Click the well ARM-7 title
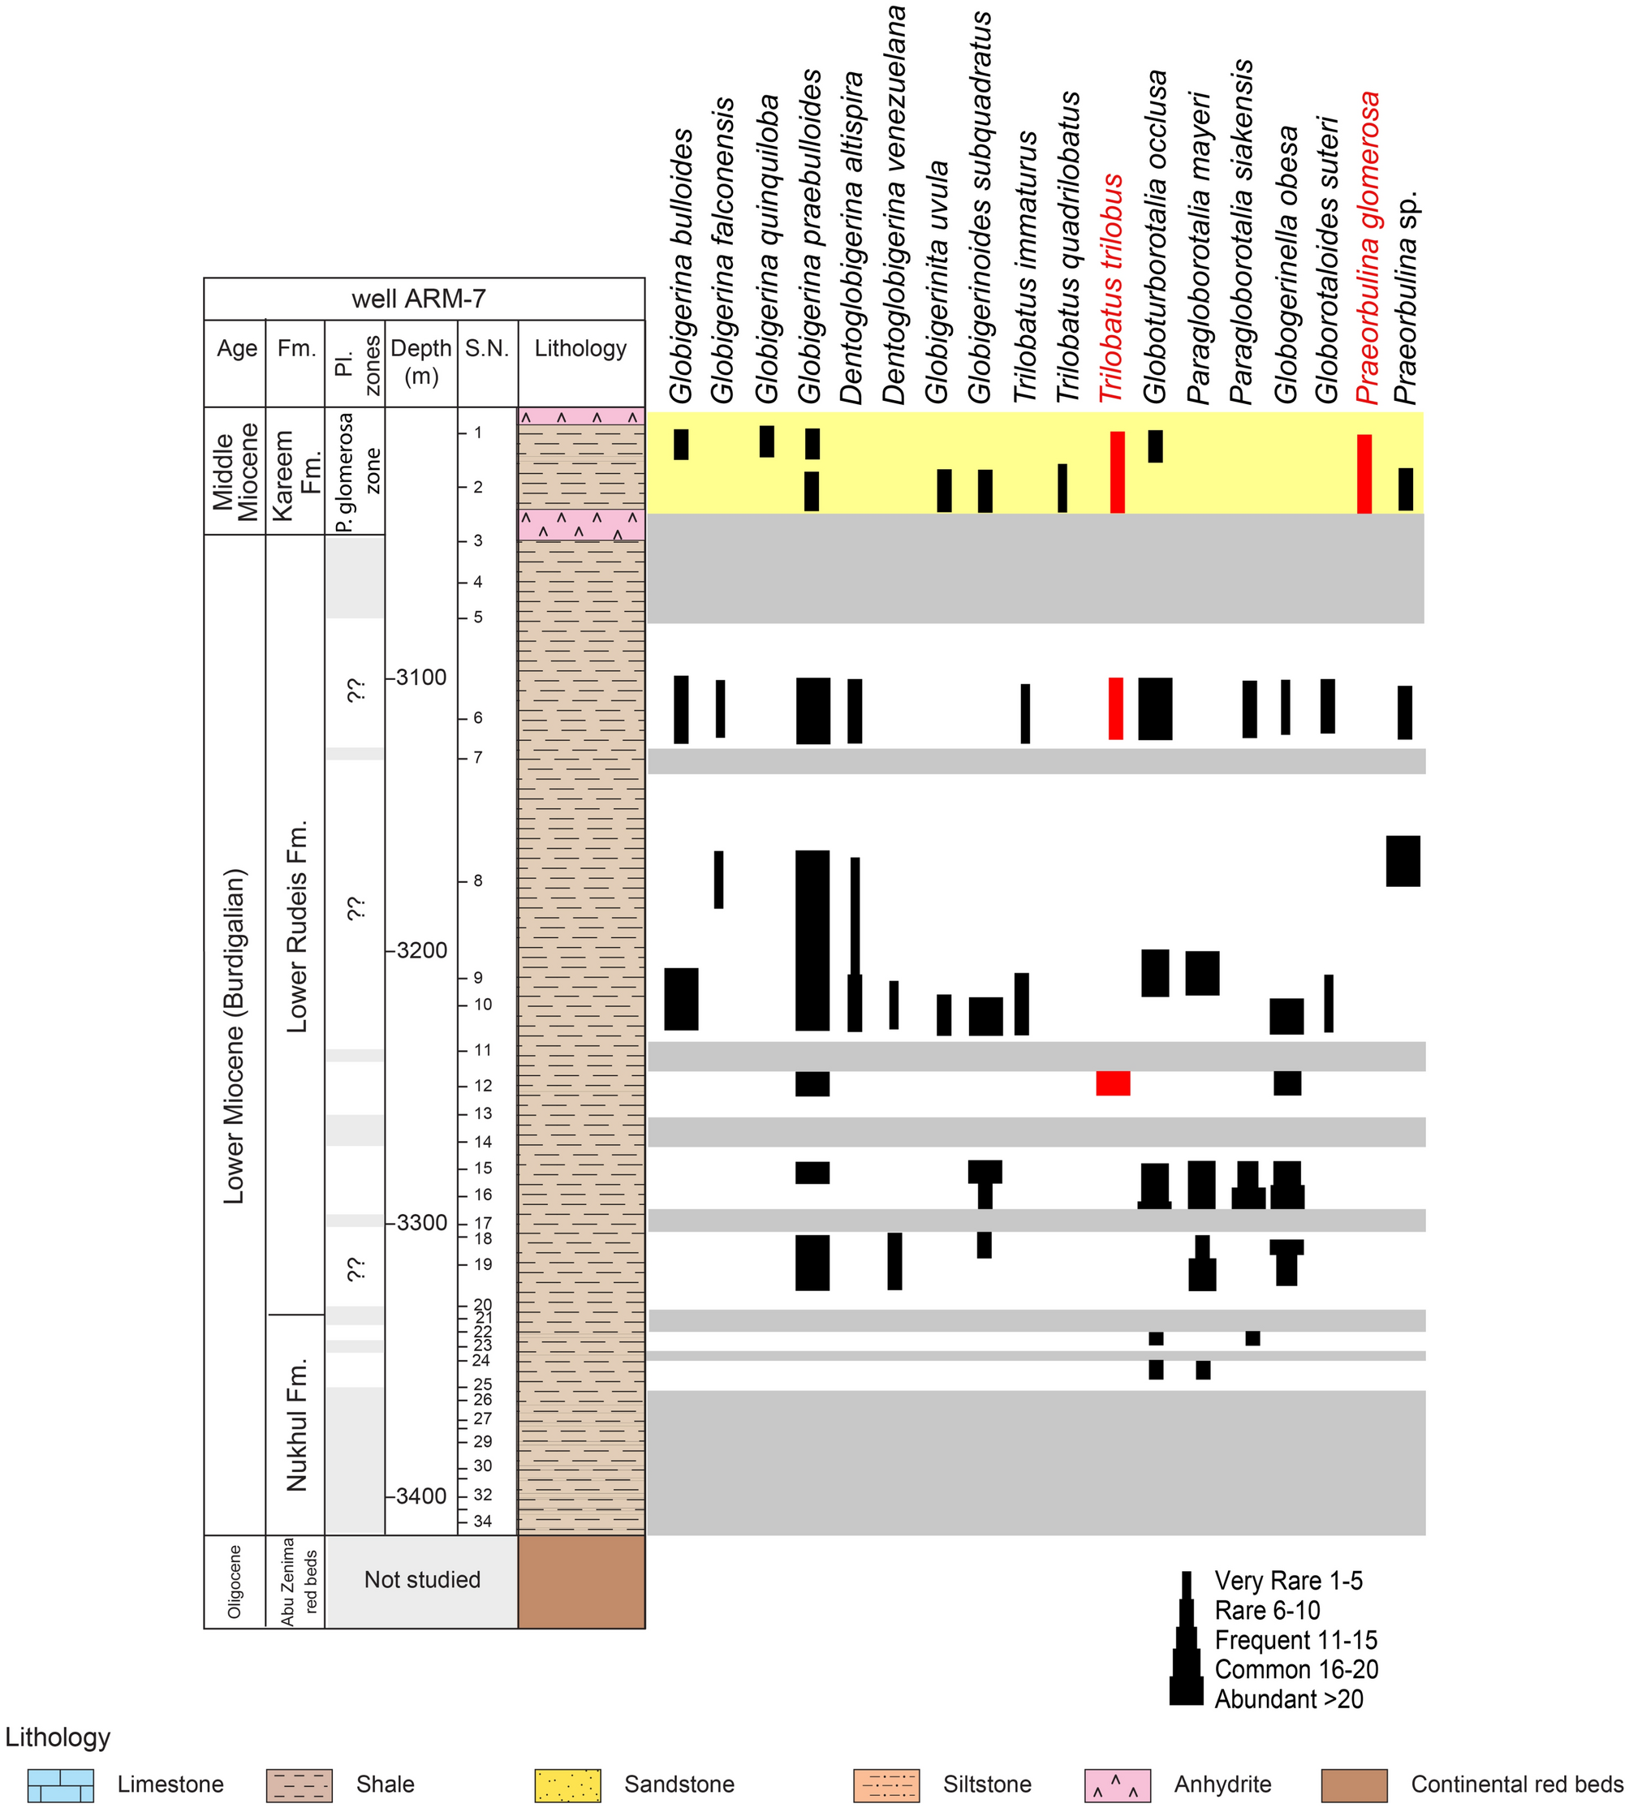click(418, 299)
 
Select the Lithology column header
click(580, 348)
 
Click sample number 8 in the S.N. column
click(478, 880)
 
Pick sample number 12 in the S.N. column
click(482, 1086)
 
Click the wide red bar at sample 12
click(1113, 1083)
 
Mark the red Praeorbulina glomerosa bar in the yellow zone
click(1364, 473)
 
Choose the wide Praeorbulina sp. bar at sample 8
click(1403, 861)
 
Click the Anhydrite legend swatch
click(1117, 1784)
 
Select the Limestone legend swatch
click(60, 1784)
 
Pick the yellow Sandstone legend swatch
click(567, 1784)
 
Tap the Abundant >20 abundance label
click(1288, 1698)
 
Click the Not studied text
click(421, 1580)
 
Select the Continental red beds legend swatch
click(1353, 1784)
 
